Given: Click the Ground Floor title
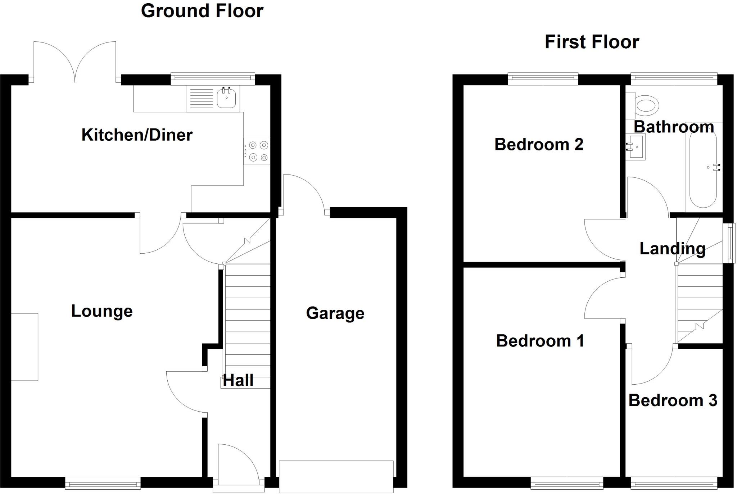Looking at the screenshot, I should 202,11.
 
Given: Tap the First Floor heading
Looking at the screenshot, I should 592,42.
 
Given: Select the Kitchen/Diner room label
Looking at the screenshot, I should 137,135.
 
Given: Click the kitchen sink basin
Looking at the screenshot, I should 227,98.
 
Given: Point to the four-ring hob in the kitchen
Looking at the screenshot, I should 257,151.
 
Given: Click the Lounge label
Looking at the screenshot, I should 102,311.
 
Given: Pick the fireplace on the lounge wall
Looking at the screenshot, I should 24,347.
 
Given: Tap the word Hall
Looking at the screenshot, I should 238,380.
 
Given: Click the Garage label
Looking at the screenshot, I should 335,313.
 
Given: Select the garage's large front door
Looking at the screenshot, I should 336,476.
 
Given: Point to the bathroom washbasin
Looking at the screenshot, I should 636,147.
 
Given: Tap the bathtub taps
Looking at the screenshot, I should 716,167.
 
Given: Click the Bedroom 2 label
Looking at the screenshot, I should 539,144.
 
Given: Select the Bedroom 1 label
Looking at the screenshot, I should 540,341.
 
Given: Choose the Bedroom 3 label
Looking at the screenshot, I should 673,400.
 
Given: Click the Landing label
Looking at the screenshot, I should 672,249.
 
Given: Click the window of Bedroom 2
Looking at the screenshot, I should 543,79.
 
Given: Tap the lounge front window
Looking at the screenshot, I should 103,483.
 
